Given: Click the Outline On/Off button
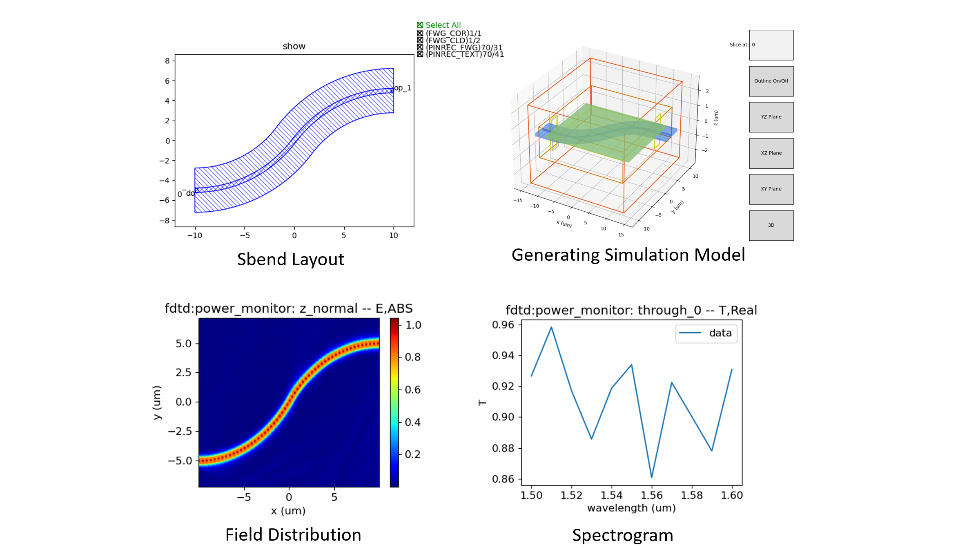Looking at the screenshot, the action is coord(771,81).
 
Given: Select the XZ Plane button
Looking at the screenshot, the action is coord(771,153).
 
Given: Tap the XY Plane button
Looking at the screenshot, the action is coord(771,189).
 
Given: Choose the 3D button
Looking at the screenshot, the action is coord(771,225).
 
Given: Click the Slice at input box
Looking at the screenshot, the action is coord(771,45).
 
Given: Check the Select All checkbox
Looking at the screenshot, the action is coord(420,25).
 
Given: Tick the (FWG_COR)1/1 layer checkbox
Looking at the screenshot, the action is coord(420,34).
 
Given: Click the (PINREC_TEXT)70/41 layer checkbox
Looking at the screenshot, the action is coord(420,54).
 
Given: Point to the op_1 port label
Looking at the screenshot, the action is coord(403,88).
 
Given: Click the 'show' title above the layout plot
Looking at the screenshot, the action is coord(294,46).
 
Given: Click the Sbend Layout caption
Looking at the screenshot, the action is coord(290,259).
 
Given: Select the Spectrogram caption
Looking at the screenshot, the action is coord(622,535).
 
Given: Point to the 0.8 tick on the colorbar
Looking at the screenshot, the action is coord(412,357).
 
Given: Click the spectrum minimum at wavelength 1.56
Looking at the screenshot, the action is coord(651,477).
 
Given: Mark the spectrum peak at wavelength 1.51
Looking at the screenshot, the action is coord(551,327).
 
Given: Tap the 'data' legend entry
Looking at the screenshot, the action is coord(706,333).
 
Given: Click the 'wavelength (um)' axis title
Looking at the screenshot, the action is coord(631,508).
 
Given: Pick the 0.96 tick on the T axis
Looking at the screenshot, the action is coord(503,325).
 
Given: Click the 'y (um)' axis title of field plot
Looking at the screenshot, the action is coord(157,403).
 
